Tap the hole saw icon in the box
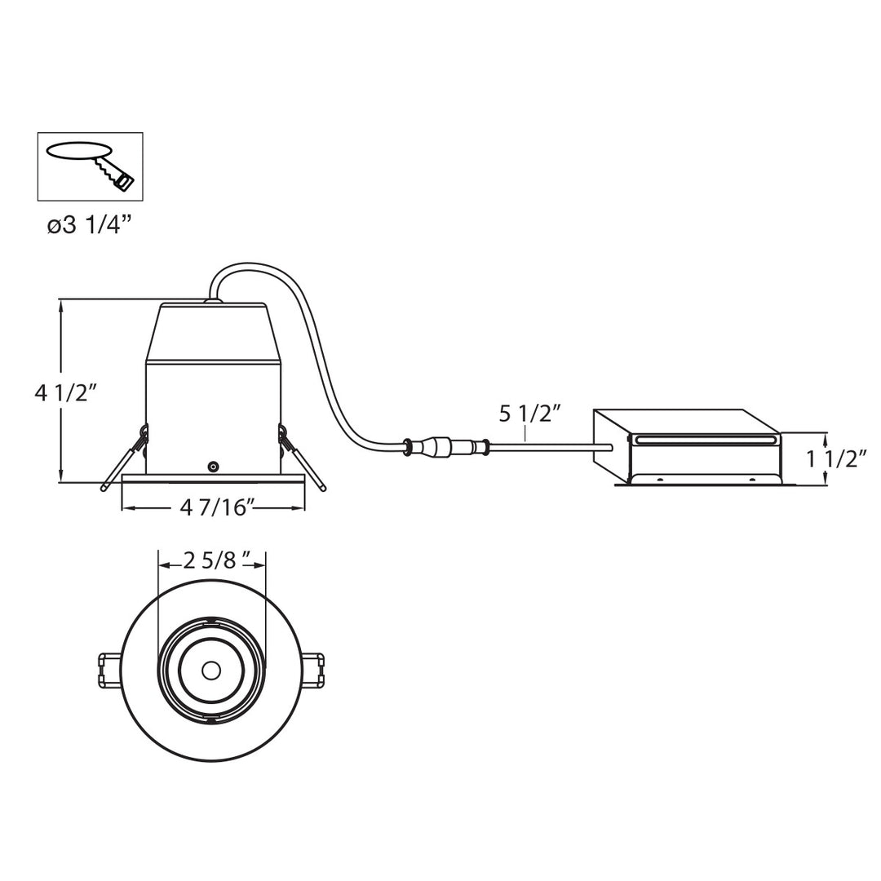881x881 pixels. [x=91, y=166]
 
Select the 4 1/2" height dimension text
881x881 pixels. [x=66, y=393]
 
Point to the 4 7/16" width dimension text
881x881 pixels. [x=214, y=507]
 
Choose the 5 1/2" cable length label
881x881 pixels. [x=531, y=414]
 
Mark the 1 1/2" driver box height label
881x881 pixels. [x=836, y=458]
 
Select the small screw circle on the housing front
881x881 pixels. [x=213, y=467]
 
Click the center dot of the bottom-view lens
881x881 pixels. [x=211, y=671]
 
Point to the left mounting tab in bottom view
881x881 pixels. [x=109, y=671]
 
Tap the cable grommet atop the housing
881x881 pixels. [x=213, y=301]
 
